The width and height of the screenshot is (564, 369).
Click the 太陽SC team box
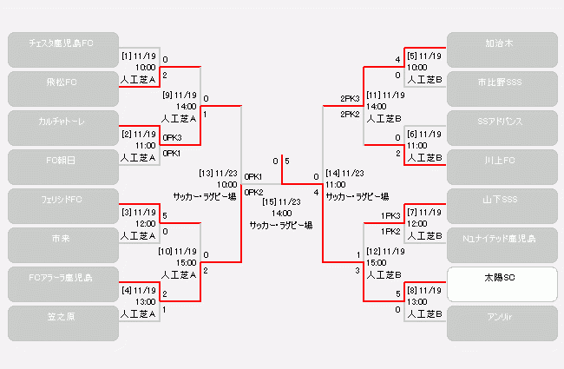501,284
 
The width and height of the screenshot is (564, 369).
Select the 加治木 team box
501,49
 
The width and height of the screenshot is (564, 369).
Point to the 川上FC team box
501,167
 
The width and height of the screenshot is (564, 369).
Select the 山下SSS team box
501,206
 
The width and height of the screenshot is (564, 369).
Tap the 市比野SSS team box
501,89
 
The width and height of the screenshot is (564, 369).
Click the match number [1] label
126,57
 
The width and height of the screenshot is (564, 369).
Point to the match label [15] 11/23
280,201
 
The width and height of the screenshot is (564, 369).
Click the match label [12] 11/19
386,251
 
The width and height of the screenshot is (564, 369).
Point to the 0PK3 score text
172,137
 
